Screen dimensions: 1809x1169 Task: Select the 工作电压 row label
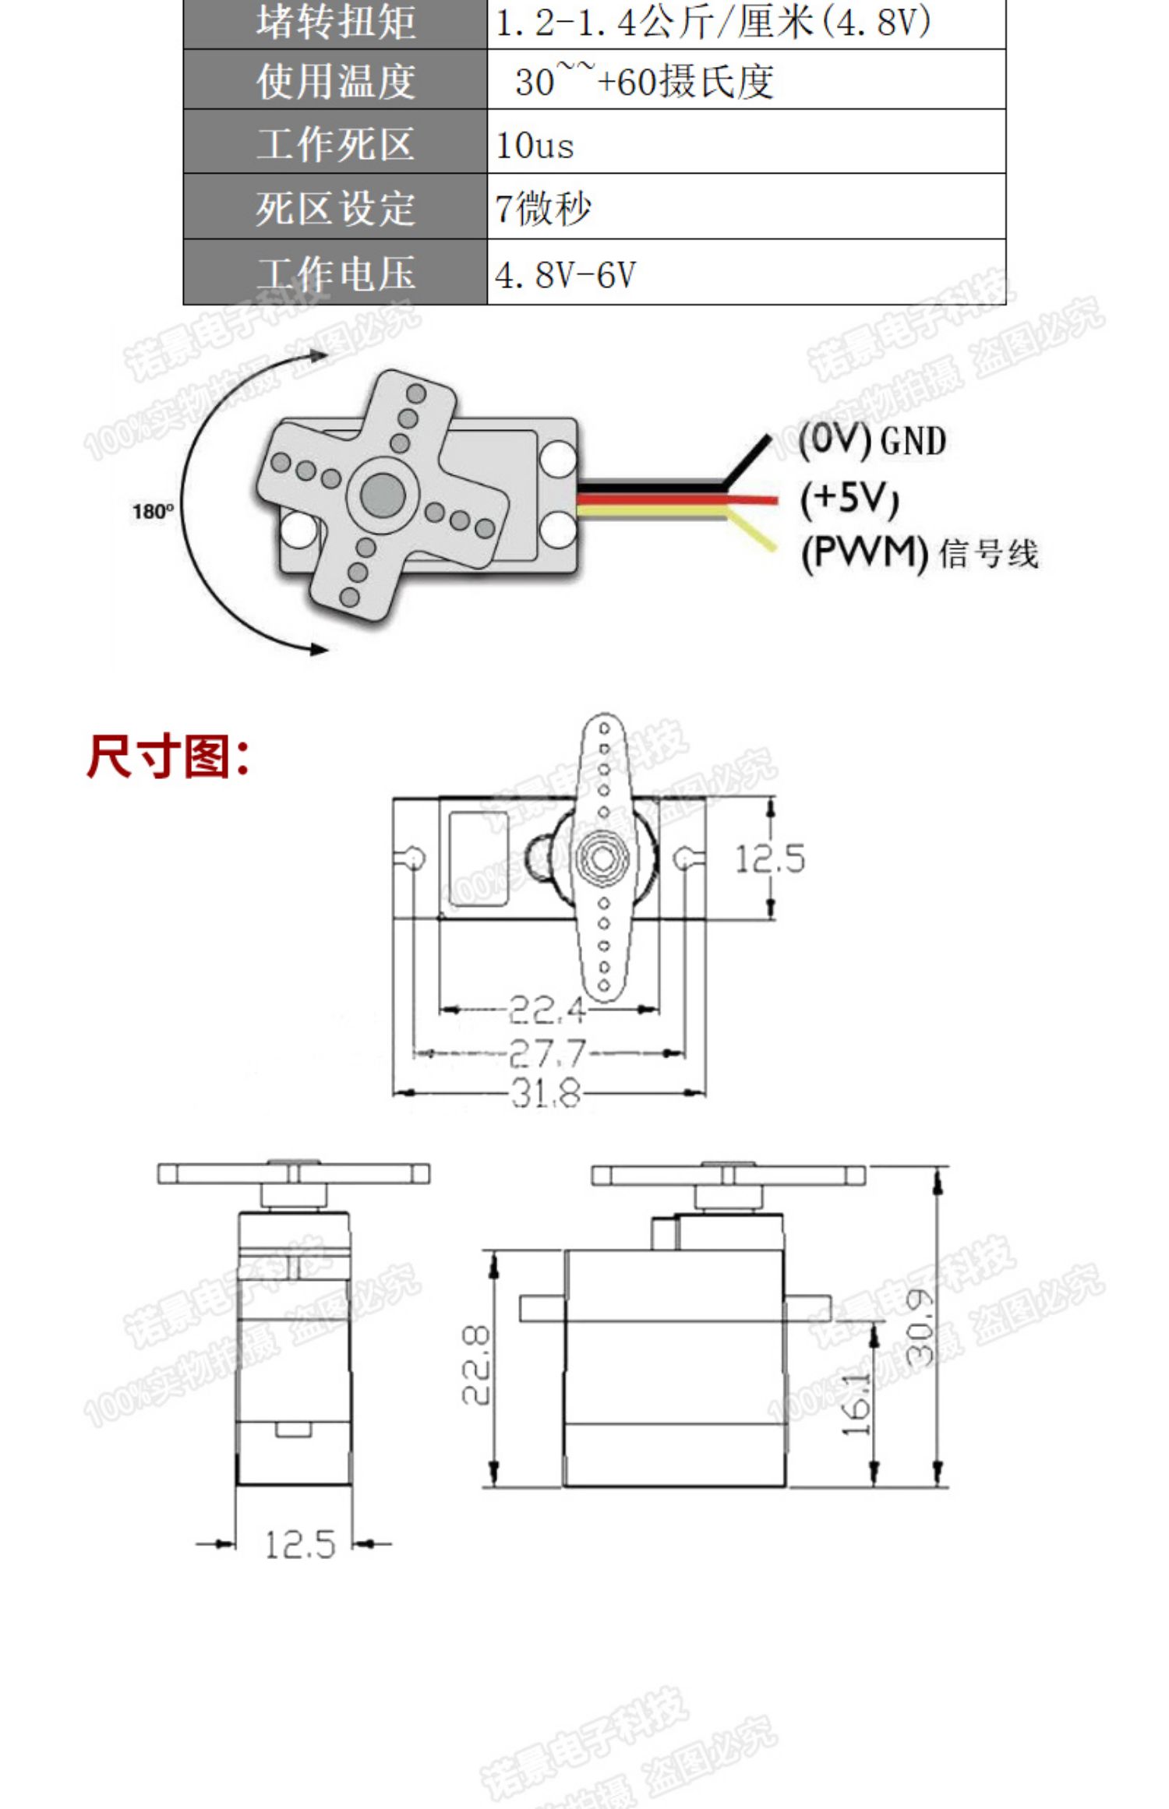click(x=335, y=273)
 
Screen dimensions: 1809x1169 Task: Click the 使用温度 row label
click(x=335, y=81)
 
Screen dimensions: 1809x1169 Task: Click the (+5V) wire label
click(x=849, y=499)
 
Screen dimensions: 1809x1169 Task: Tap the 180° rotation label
click(x=153, y=512)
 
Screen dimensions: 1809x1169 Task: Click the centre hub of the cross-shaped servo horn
click(x=383, y=492)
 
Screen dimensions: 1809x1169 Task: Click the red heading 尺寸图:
click(x=168, y=756)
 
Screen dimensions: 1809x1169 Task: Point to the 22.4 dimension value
click(x=547, y=1010)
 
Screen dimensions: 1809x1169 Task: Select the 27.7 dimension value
click(x=547, y=1053)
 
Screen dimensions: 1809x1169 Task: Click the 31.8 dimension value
click(x=547, y=1093)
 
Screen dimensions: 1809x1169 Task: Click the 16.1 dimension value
click(x=858, y=1402)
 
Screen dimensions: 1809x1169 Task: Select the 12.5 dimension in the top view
click(x=770, y=859)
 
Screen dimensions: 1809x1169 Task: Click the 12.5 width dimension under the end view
click(x=300, y=1544)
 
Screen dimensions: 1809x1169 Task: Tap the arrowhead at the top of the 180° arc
click(x=319, y=356)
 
